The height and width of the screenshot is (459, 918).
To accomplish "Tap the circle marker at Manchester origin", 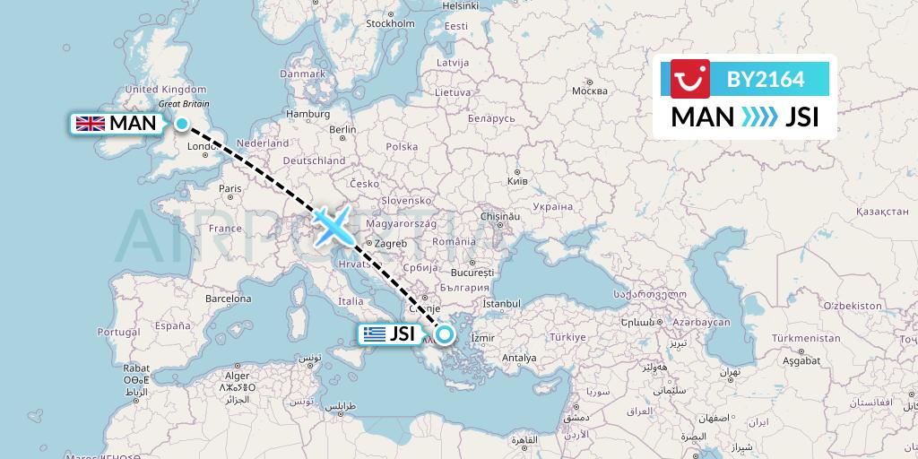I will [x=182, y=124].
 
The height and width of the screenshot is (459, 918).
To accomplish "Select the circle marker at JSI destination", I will [x=444, y=335].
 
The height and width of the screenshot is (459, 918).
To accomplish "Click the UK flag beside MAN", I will [x=91, y=124].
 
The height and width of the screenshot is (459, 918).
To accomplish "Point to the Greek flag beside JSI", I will [x=374, y=335].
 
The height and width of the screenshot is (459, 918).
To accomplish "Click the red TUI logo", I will [x=689, y=79].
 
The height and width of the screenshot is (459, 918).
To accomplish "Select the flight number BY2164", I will [x=766, y=80].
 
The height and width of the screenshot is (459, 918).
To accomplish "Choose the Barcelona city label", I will [x=229, y=298].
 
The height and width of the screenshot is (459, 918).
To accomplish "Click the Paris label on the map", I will [x=231, y=188].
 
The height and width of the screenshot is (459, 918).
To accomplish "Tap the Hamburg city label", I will [x=307, y=114].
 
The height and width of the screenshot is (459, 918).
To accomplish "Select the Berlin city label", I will [x=342, y=129].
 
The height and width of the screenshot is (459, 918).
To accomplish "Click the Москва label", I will [x=589, y=91].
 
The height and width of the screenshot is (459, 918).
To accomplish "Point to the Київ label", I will [x=517, y=180].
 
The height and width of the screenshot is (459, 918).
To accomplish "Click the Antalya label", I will [x=518, y=358].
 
